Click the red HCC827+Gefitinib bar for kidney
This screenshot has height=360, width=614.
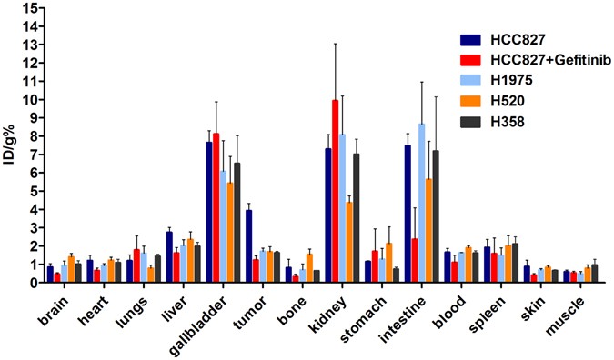pyautogui.click(x=336, y=192)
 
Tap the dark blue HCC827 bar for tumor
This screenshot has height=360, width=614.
pyautogui.click(x=248, y=246)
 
